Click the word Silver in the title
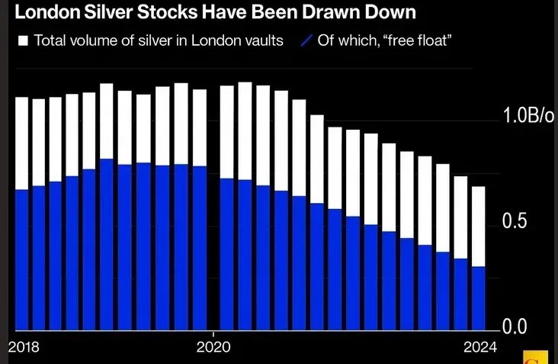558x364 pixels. pyautogui.click(x=102, y=13)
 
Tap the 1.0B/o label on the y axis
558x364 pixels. pyautogui.click(x=529, y=117)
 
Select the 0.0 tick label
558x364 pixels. pyautogui.click(x=518, y=327)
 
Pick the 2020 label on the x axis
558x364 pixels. pyautogui.click(x=214, y=347)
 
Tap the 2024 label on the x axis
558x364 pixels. pyautogui.click(x=479, y=347)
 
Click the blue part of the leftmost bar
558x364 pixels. pyautogui.click(x=21, y=259)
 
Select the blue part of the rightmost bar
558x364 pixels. pyautogui.click(x=478, y=298)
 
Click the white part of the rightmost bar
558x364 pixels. pyautogui.click(x=478, y=226)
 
